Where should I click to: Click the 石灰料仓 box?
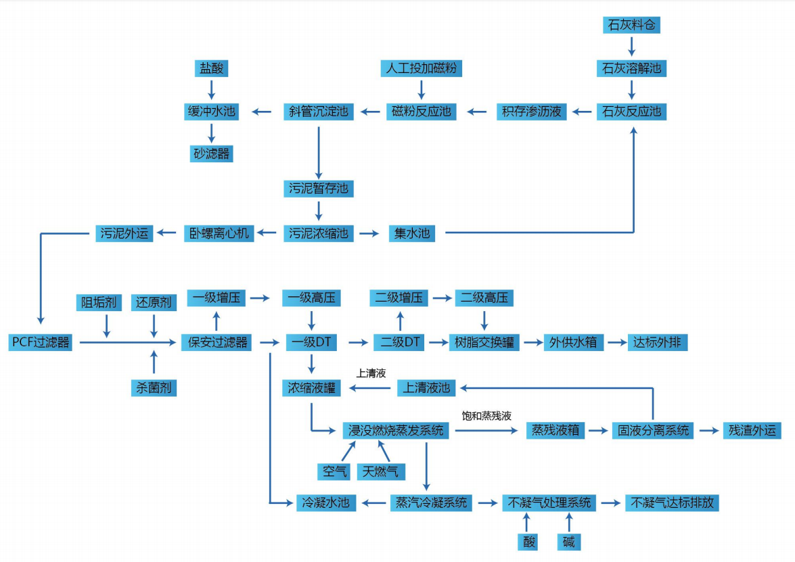pos(631,26)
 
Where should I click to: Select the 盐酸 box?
pos(210,68)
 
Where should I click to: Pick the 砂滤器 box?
pos(210,154)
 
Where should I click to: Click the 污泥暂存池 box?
pos(319,188)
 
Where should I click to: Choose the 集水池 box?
pos(411,234)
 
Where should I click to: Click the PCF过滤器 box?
pos(41,342)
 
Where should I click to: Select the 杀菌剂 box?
pos(154,388)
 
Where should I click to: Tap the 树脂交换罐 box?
pos(484,342)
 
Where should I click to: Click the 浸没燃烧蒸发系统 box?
pos(396,430)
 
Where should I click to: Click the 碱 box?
pos(569,542)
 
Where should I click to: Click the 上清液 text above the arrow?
pos(371,373)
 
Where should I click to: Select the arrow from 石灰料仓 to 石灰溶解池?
pos(631,47)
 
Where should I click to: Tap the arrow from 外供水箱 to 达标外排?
pos(616,343)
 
